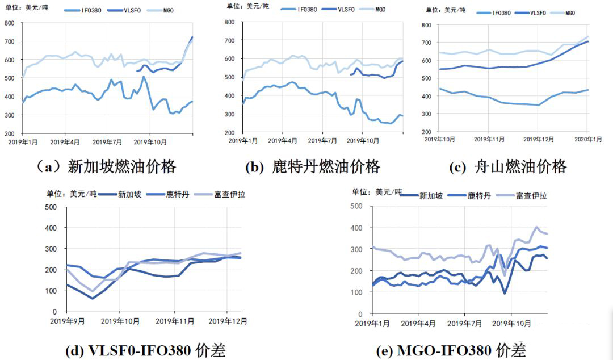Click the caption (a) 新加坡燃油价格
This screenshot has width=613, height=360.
click(x=106, y=166)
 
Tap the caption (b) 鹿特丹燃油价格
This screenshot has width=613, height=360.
click(x=312, y=166)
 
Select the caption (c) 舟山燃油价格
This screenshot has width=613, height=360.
click(x=508, y=166)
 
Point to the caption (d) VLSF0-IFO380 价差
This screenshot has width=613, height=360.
click(x=146, y=350)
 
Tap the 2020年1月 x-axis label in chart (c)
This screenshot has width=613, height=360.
click(x=586, y=139)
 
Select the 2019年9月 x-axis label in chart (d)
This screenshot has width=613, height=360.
click(x=70, y=321)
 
